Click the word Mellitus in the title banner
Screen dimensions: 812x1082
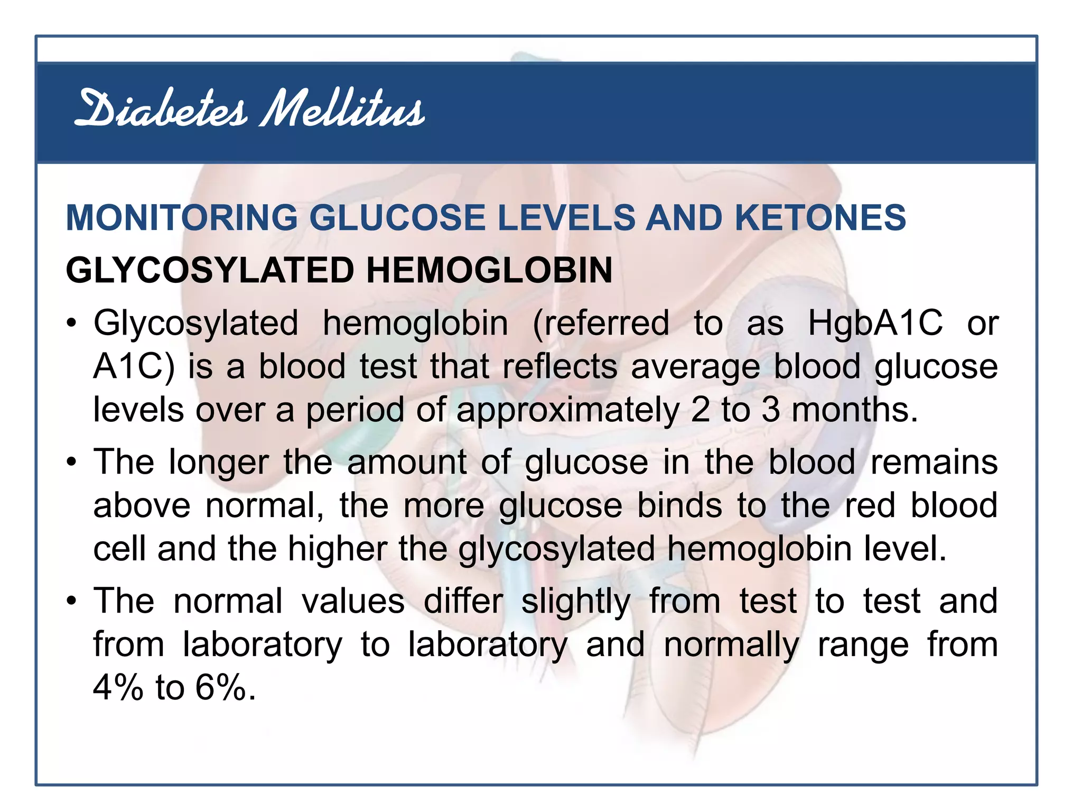[x=342, y=109]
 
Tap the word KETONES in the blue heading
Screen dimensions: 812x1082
[x=820, y=218]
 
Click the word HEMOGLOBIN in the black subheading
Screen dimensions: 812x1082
[x=489, y=270]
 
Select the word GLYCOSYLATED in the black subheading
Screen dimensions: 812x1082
[x=210, y=270]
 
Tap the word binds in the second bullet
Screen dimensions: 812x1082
[x=679, y=506]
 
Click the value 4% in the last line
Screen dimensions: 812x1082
[x=118, y=688]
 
